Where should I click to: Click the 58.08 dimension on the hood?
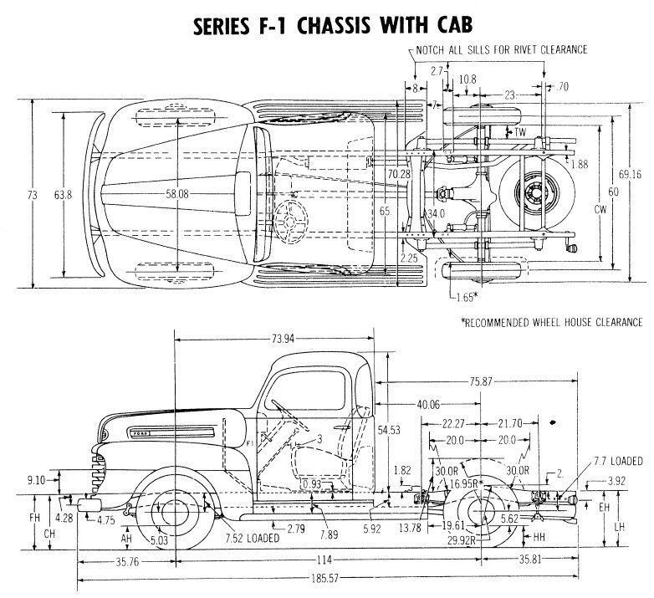(x=179, y=194)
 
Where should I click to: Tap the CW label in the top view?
(x=599, y=209)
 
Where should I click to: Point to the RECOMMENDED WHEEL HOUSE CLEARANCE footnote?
(x=551, y=322)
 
